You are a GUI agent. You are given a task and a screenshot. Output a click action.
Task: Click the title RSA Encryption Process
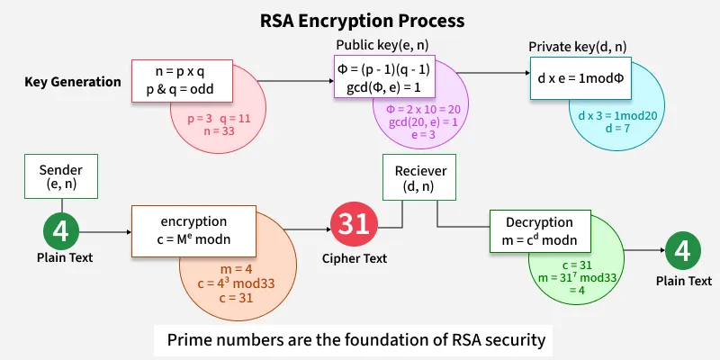(x=360, y=19)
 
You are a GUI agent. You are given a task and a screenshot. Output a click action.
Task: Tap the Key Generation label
(x=73, y=82)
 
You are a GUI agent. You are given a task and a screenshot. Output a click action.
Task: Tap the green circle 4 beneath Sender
(x=60, y=231)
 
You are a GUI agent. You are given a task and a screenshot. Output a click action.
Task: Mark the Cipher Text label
(x=354, y=258)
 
